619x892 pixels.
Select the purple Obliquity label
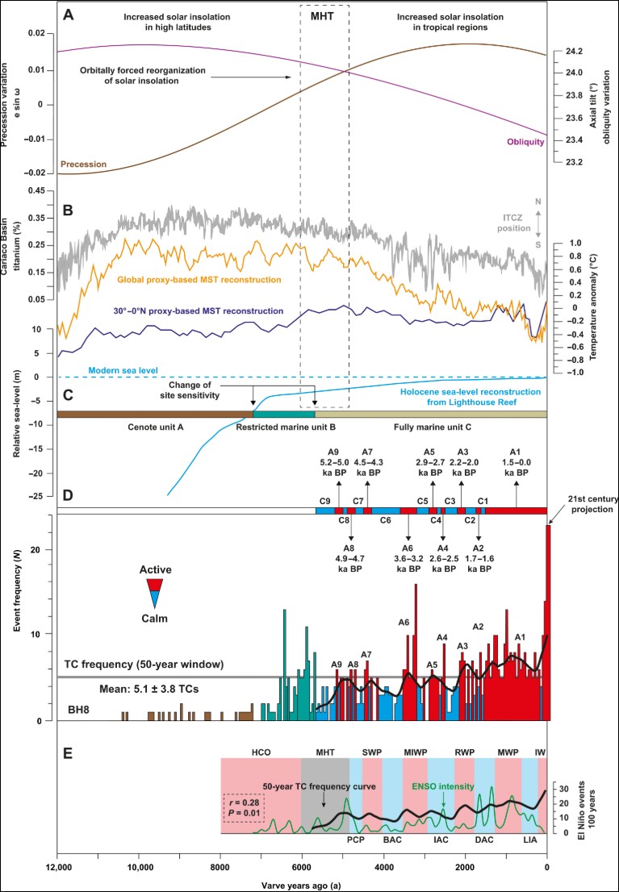click(521, 143)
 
